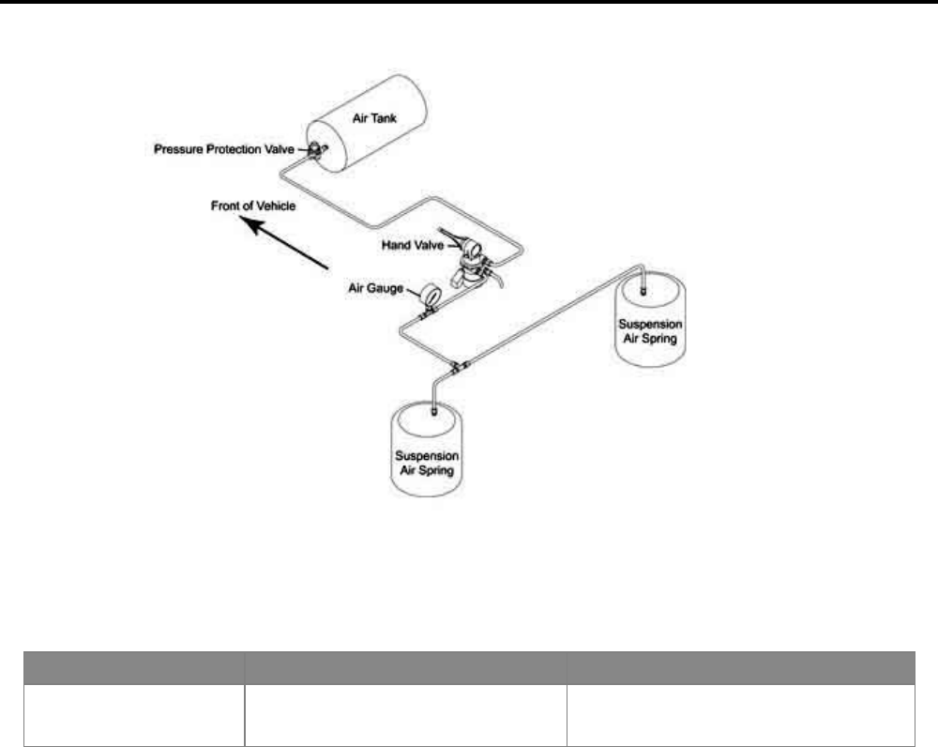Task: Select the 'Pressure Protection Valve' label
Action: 224,149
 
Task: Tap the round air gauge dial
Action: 431,293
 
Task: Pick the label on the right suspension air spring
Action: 650,330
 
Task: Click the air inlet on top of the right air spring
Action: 643,290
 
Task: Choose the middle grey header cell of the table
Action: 405,667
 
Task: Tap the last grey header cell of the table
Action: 741,667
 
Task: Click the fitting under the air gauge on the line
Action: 425,317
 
